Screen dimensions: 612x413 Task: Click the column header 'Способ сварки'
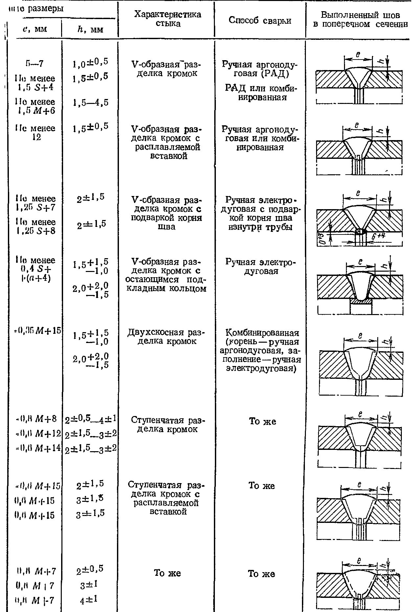click(x=260, y=20)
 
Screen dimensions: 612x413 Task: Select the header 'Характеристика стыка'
click(x=168, y=19)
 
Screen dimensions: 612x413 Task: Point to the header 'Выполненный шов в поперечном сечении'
click(x=360, y=20)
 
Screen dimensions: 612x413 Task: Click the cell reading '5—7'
click(x=34, y=63)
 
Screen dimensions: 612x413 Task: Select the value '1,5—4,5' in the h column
click(x=91, y=103)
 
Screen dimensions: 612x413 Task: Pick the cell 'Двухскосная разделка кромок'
click(x=166, y=337)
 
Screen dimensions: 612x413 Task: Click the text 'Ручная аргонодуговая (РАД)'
click(x=260, y=69)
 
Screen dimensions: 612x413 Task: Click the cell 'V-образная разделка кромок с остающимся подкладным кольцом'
click(x=166, y=275)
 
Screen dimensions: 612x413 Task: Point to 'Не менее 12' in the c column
click(x=36, y=133)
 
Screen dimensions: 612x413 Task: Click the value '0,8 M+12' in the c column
click(x=39, y=434)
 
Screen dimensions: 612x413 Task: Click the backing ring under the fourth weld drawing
click(x=361, y=301)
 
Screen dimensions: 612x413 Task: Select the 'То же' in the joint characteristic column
click(x=168, y=573)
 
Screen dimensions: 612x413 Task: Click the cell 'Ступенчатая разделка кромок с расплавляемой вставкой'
click(x=166, y=498)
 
